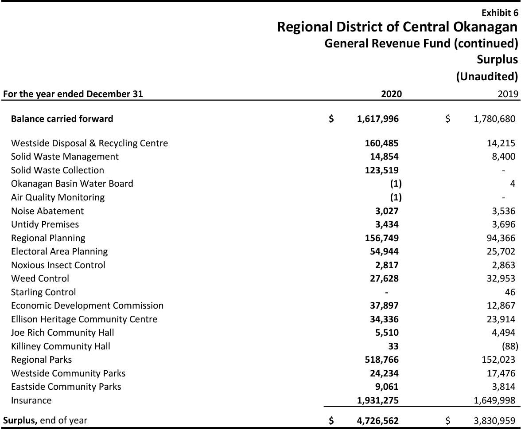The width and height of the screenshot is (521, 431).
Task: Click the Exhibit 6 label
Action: click(499, 13)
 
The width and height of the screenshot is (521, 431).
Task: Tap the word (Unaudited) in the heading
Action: click(487, 76)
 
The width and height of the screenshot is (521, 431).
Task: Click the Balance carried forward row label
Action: click(62, 119)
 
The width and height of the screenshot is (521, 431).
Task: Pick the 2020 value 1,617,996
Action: click(377, 119)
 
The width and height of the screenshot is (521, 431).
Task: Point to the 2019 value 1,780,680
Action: click(494, 119)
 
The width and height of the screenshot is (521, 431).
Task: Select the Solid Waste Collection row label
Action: click(58, 170)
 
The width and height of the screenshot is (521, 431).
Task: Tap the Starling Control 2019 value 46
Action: click(510, 292)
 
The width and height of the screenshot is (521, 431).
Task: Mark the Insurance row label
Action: click(31, 400)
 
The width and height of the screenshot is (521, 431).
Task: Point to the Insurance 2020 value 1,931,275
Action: click(377, 400)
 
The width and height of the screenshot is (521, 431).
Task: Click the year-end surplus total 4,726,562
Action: click(377, 421)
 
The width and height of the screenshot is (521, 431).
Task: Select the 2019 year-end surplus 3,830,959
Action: click(494, 421)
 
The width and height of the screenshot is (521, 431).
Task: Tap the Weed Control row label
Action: click(40, 278)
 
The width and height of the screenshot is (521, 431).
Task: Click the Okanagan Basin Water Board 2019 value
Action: click(513, 184)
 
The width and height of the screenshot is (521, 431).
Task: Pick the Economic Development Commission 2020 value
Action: click(384, 306)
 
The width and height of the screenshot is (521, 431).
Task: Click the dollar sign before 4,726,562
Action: click(331, 421)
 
